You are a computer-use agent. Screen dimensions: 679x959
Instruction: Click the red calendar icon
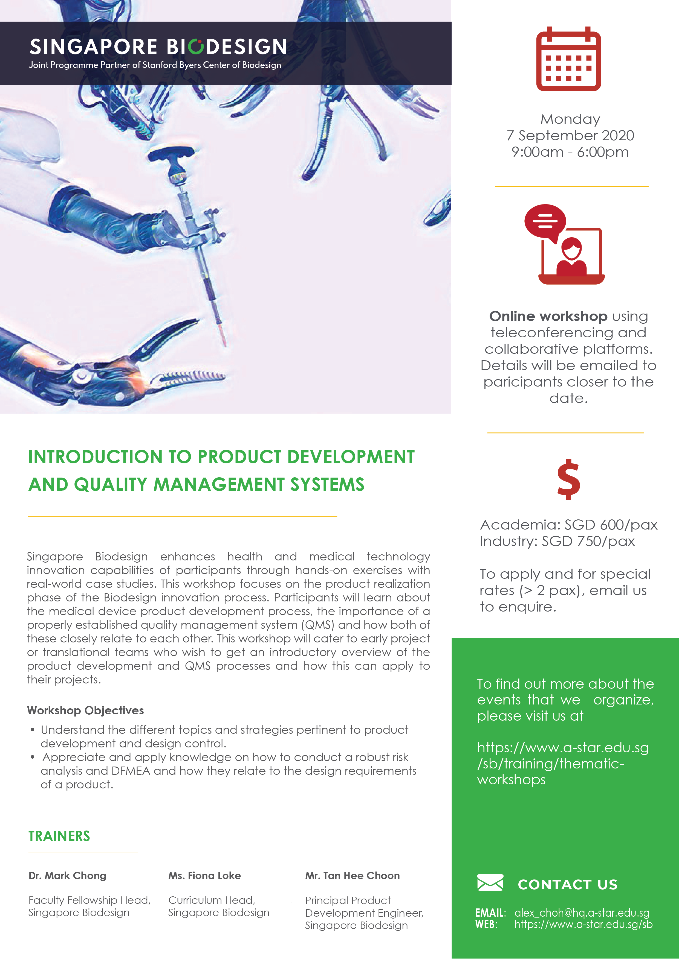pos(569,59)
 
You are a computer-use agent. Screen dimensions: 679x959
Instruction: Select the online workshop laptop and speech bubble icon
pos(564,244)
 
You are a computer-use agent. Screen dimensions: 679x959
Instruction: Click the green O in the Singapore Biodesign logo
pos(196,46)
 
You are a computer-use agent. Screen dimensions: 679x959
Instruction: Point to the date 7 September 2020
pos(570,135)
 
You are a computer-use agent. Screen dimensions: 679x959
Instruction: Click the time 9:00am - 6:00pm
pos(570,152)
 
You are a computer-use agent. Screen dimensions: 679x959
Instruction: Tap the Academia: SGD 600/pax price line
pos(569,525)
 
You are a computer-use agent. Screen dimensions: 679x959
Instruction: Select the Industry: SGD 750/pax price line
pos(557,541)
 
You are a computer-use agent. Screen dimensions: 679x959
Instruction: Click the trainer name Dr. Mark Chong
pos(67,875)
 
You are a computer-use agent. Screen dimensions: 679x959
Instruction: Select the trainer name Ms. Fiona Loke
pos(204,875)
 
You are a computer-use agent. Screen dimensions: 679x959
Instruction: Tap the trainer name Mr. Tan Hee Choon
pos(352,875)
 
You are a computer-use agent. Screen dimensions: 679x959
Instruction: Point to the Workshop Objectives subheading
pos(85,711)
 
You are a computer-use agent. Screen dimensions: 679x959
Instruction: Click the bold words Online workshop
pos(548,316)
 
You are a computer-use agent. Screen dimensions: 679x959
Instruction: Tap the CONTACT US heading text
pos(567,884)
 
